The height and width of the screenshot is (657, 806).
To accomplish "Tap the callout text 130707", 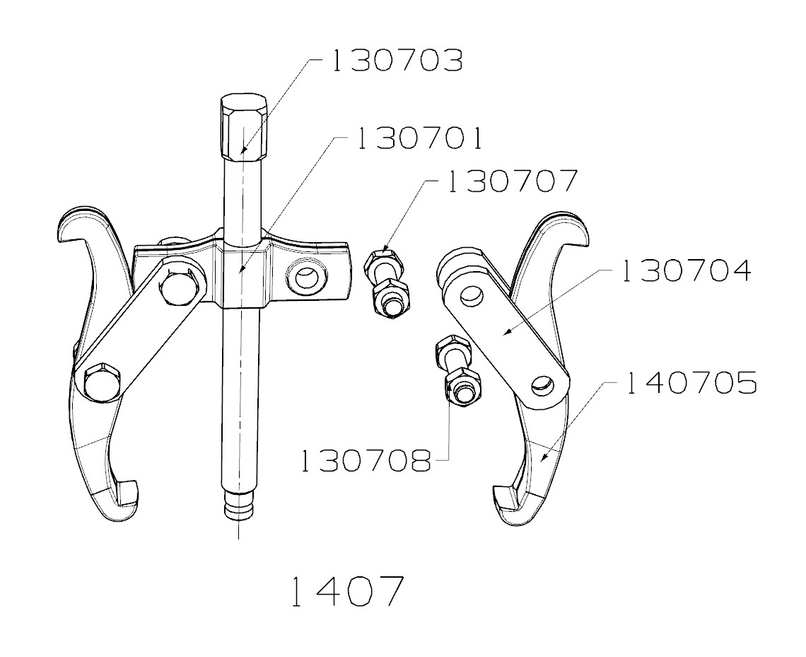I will click(x=510, y=181).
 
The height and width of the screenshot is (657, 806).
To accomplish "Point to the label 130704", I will click(x=686, y=270).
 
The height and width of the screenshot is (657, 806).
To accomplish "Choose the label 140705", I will click(x=691, y=383).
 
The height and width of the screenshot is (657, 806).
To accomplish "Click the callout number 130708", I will click(x=365, y=461).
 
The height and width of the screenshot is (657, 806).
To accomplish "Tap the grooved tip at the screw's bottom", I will click(x=239, y=510).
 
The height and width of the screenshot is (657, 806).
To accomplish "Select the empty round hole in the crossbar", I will click(x=307, y=276).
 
